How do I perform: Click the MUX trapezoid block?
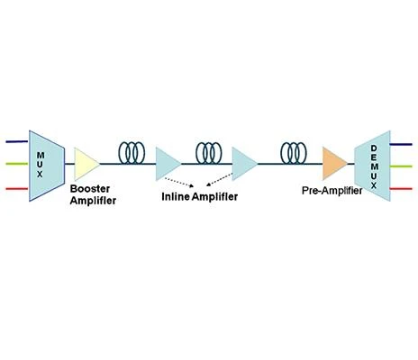(x=47, y=166)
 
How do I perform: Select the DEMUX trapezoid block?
(x=373, y=166)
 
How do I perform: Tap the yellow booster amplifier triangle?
(x=86, y=164)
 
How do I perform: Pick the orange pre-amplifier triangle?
(x=334, y=164)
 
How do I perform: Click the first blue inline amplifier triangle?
(x=168, y=164)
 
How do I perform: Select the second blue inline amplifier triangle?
(x=244, y=164)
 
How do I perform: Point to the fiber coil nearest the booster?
(x=132, y=153)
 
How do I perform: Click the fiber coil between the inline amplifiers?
(x=209, y=153)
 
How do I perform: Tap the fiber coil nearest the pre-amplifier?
(x=294, y=153)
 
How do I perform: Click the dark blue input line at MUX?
(x=17, y=141)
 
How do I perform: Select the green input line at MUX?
(x=17, y=164)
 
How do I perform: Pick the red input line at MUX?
(x=17, y=189)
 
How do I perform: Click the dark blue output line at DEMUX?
(x=401, y=144)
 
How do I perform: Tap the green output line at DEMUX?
(x=401, y=166)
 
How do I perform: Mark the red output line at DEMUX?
(x=401, y=189)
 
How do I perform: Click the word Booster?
(x=90, y=189)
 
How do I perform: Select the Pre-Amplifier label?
(x=332, y=191)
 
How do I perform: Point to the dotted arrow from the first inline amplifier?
(x=179, y=182)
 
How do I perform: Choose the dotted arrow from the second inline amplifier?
(x=220, y=179)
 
